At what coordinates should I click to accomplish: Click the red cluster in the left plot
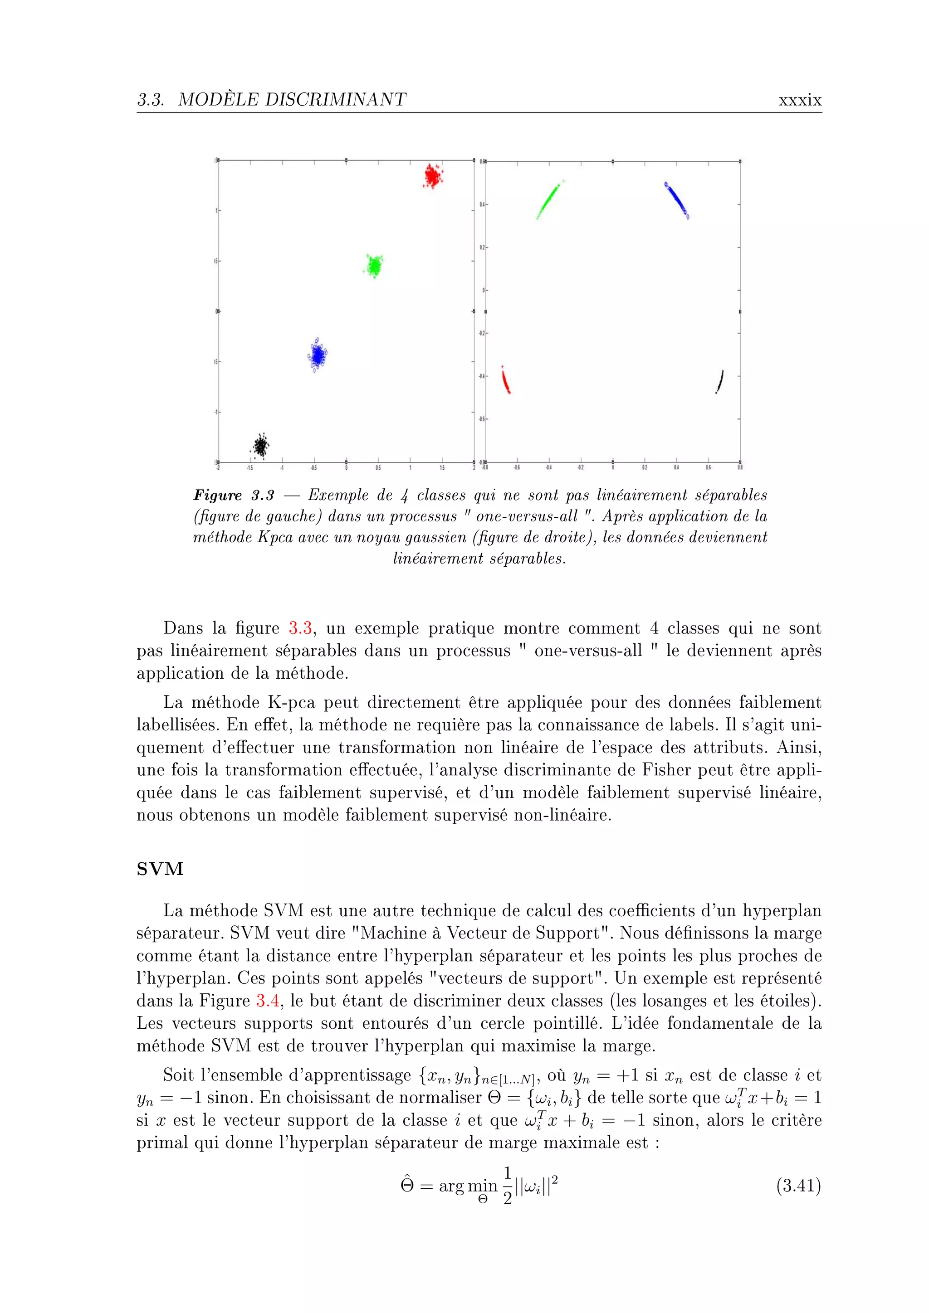pos(433,176)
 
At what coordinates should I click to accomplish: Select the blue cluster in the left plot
pos(316,355)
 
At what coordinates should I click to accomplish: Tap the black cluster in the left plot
pos(261,445)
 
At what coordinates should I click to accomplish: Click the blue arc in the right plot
pos(677,199)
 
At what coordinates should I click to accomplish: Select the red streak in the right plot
pos(506,381)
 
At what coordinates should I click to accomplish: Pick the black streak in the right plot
pos(719,381)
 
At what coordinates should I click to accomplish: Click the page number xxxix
pos(800,100)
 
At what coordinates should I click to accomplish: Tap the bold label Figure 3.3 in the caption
pos(234,495)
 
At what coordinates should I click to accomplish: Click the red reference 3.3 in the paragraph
pos(300,628)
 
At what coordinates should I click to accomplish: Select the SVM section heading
pos(160,869)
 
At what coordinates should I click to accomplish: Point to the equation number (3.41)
pos(798,1186)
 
